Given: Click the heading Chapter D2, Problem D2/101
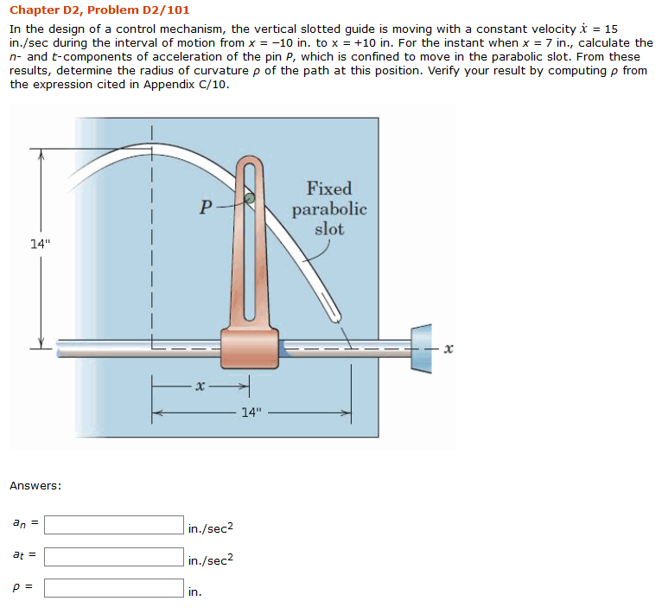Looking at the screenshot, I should point(99,10).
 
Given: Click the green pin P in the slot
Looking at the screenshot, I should point(249,199).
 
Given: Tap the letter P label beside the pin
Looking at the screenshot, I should point(205,208).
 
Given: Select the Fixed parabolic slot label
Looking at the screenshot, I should point(329,208).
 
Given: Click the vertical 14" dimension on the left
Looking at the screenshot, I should point(40,243).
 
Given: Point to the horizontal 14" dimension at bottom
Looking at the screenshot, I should point(251,413).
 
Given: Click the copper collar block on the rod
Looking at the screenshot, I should point(250,347).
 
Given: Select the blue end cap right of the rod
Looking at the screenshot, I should point(421,349).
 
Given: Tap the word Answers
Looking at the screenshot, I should point(35,485).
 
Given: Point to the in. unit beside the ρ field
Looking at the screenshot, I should point(194,592).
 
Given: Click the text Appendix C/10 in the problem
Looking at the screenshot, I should point(186,84).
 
